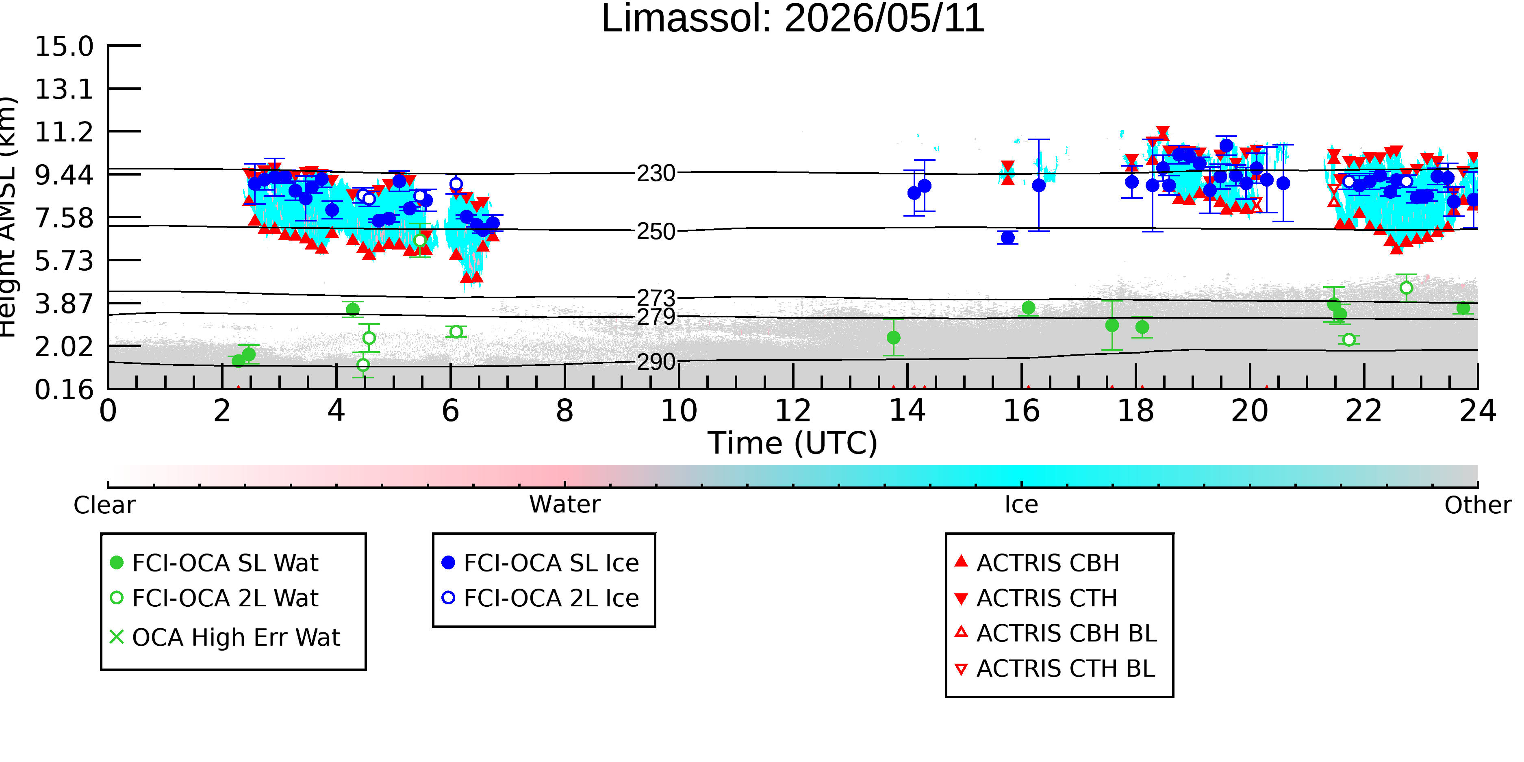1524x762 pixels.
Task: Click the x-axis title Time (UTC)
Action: (793, 443)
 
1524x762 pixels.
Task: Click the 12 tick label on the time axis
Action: (793, 410)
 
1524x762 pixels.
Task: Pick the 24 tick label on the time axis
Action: (1478, 410)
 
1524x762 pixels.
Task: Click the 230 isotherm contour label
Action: (656, 174)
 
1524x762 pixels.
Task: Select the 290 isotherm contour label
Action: (656, 361)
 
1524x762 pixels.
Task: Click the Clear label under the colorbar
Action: (104, 505)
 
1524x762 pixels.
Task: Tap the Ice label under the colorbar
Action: (1021, 505)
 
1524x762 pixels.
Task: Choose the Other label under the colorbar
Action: (1478, 505)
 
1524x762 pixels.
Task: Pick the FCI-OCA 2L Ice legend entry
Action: (541, 598)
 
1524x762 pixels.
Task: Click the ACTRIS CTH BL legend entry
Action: (1055, 669)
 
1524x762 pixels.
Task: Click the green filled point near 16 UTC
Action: (1028, 308)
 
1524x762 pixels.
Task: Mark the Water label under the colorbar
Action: (565, 505)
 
